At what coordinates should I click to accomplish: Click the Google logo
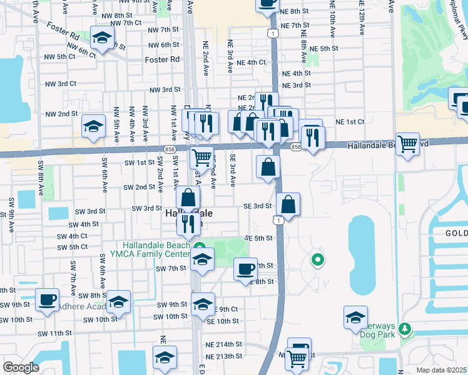(x=21, y=367)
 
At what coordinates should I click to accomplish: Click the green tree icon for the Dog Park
(x=405, y=328)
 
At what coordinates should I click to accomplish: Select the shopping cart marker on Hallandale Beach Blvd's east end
(x=407, y=144)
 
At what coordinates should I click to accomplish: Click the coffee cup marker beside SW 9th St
(x=48, y=299)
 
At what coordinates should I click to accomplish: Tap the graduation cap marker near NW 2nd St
(x=93, y=127)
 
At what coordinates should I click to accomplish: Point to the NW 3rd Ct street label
(x=60, y=84)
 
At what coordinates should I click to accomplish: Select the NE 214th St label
(x=225, y=344)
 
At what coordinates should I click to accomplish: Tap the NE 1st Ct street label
(x=350, y=122)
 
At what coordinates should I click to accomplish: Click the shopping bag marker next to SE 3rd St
(x=288, y=204)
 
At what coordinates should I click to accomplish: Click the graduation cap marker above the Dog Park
(x=355, y=317)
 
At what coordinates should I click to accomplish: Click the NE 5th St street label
(x=323, y=48)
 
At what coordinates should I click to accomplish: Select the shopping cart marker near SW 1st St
(x=201, y=157)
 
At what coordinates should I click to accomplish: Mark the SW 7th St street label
(x=171, y=269)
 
